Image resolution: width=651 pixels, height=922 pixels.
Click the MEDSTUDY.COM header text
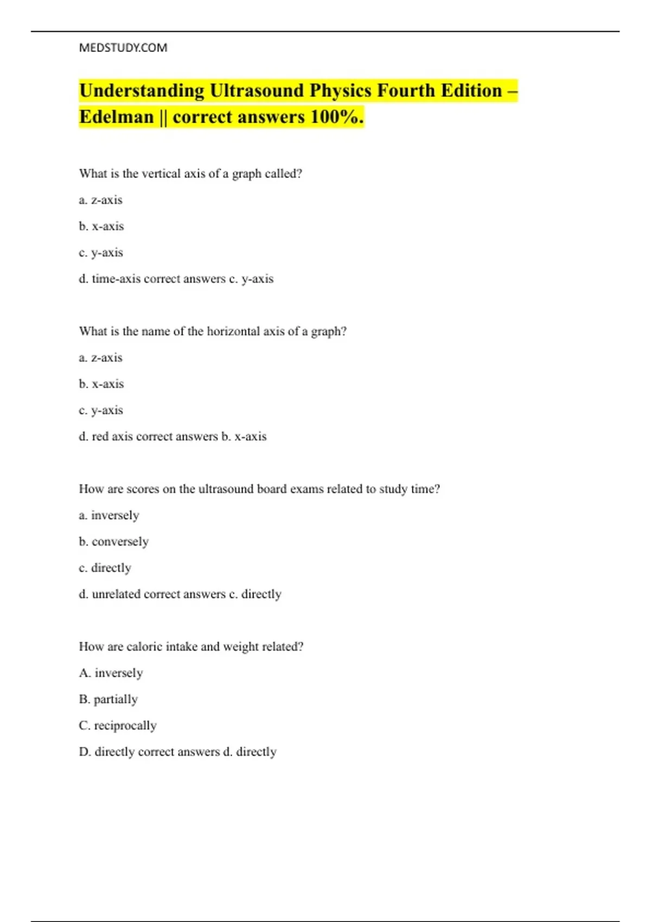(123, 48)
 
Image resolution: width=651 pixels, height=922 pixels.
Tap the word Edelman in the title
(117, 117)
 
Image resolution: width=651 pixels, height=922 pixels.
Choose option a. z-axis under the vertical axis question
(101, 200)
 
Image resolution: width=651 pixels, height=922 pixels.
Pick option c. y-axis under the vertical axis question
(101, 253)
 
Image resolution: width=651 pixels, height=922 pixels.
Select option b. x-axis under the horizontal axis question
(101, 384)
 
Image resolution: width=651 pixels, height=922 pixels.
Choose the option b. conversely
(114, 542)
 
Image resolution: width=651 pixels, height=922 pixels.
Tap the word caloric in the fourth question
(144, 646)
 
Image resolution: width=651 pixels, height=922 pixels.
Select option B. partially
(108, 699)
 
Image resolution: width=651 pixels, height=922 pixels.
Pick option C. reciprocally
(118, 726)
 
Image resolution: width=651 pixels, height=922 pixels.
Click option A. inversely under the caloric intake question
(111, 673)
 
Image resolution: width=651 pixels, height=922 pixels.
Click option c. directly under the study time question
(105, 568)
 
